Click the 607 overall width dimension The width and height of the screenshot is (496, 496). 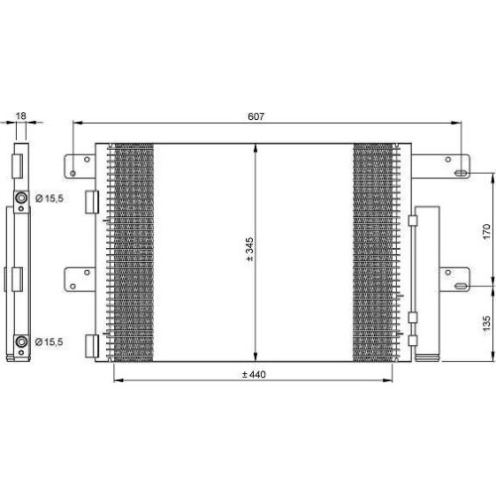point(256,117)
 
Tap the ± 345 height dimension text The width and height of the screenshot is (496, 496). point(250,249)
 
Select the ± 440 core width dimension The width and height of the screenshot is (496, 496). point(254,374)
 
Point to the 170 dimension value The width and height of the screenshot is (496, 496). point(486,231)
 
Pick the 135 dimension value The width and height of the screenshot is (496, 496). point(486,323)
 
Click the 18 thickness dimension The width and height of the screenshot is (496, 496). point(21,116)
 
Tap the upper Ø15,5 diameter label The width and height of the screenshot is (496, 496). point(49,198)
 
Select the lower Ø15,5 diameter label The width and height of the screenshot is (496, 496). point(49,342)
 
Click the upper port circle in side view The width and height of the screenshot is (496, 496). point(21,198)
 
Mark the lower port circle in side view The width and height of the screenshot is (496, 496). point(21,341)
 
